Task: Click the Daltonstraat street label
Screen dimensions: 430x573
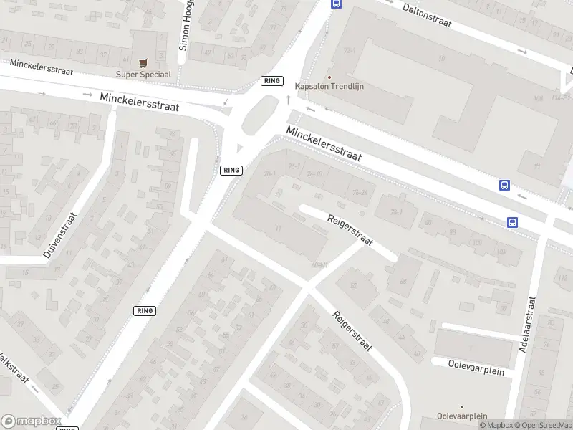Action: [427, 16]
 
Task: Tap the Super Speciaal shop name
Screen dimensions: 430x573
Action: [144, 74]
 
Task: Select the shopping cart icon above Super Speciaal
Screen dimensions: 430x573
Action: [144, 63]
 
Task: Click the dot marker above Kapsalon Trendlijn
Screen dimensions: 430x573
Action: [329, 77]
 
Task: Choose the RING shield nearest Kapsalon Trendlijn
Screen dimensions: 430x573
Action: [272, 81]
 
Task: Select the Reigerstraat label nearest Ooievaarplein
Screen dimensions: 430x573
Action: [351, 331]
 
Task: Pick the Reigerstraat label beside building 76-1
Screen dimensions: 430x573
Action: [350, 230]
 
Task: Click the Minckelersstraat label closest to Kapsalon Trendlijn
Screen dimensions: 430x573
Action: [324, 143]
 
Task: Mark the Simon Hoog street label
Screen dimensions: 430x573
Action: [186, 25]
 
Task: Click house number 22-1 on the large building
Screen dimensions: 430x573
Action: [350, 51]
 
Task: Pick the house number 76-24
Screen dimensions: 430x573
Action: [360, 191]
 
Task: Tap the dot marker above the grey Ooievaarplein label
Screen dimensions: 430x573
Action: [462, 406]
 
